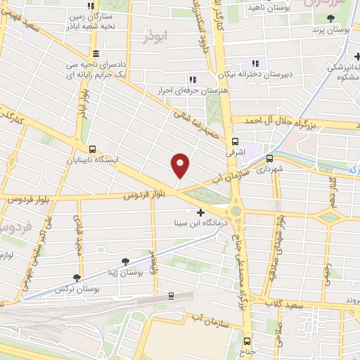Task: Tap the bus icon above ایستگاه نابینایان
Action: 93,148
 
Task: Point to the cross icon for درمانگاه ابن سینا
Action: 201,212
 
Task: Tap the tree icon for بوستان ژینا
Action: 125,261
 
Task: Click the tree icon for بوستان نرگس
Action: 77,278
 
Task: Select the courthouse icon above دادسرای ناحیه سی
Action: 95,54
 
